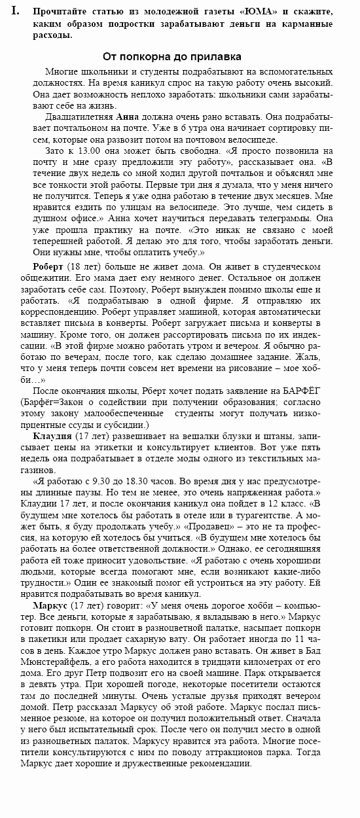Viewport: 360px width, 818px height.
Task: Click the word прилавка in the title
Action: click(x=217, y=57)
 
